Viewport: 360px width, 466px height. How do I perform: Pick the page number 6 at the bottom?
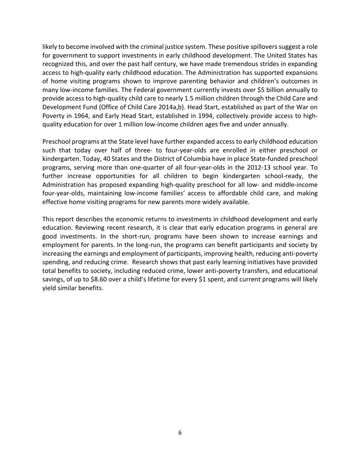(180, 433)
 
